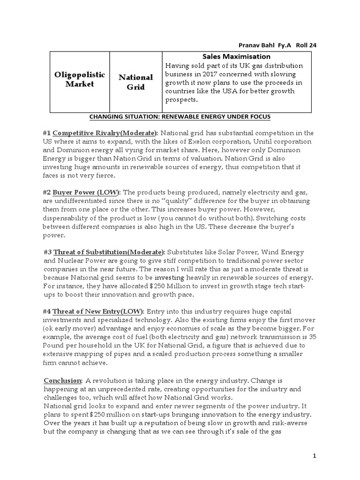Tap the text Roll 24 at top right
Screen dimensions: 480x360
click(310, 45)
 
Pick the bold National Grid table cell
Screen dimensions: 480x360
click(135, 82)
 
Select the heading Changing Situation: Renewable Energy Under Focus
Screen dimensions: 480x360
click(180, 116)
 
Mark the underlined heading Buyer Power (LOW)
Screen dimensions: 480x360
click(86, 193)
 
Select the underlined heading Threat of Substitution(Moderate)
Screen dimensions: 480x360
click(109, 252)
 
